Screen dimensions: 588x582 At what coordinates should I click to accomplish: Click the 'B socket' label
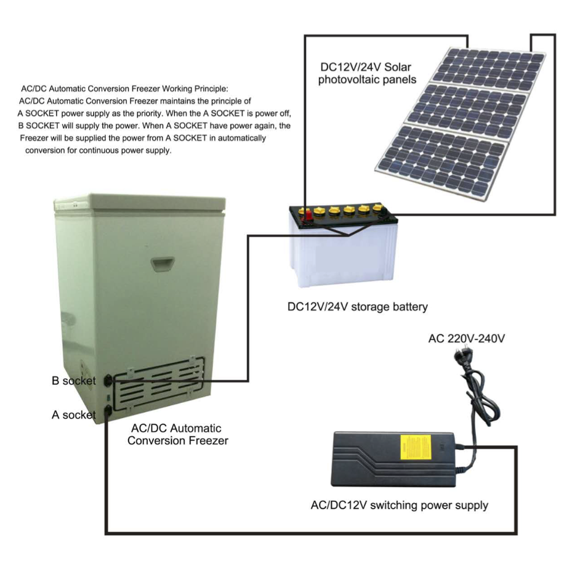click(73, 381)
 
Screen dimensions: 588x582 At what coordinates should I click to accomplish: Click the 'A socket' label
click(73, 414)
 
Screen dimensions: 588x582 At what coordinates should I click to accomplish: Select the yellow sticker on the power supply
click(415, 447)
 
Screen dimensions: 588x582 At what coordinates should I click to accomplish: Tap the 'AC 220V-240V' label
click(467, 339)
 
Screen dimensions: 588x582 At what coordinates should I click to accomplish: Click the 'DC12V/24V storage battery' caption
click(357, 307)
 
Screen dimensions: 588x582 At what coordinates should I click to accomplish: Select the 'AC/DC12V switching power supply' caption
click(400, 505)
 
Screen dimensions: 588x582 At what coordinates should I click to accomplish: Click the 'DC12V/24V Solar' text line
click(366, 67)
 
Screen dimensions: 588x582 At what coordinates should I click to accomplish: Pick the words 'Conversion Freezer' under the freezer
click(178, 440)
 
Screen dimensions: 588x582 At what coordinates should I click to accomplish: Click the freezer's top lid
click(140, 204)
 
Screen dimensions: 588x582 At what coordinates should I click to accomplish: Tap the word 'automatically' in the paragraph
click(242, 138)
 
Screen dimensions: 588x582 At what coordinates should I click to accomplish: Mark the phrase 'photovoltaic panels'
click(367, 80)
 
